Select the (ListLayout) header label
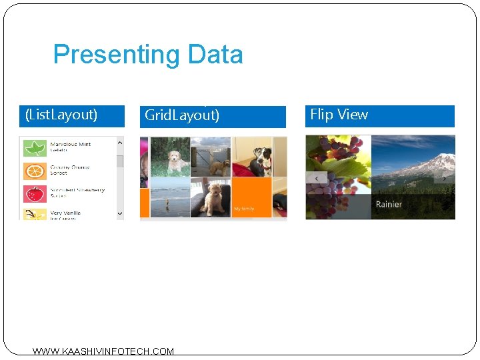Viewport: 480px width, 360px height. [61, 115]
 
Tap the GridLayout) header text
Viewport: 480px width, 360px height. [182, 115]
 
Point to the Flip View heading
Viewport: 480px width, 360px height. [339, 115]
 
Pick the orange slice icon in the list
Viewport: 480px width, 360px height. [35, 171]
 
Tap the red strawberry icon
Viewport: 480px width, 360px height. [35, 194]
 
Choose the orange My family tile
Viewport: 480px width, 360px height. [251, 197]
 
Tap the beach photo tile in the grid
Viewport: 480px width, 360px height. [170, 198]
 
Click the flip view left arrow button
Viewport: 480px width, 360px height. [317, 178]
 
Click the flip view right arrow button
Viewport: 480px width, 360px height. [445, 178]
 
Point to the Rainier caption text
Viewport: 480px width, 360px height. [389, 204]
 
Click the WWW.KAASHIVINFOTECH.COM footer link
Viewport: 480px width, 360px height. [103, 351]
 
